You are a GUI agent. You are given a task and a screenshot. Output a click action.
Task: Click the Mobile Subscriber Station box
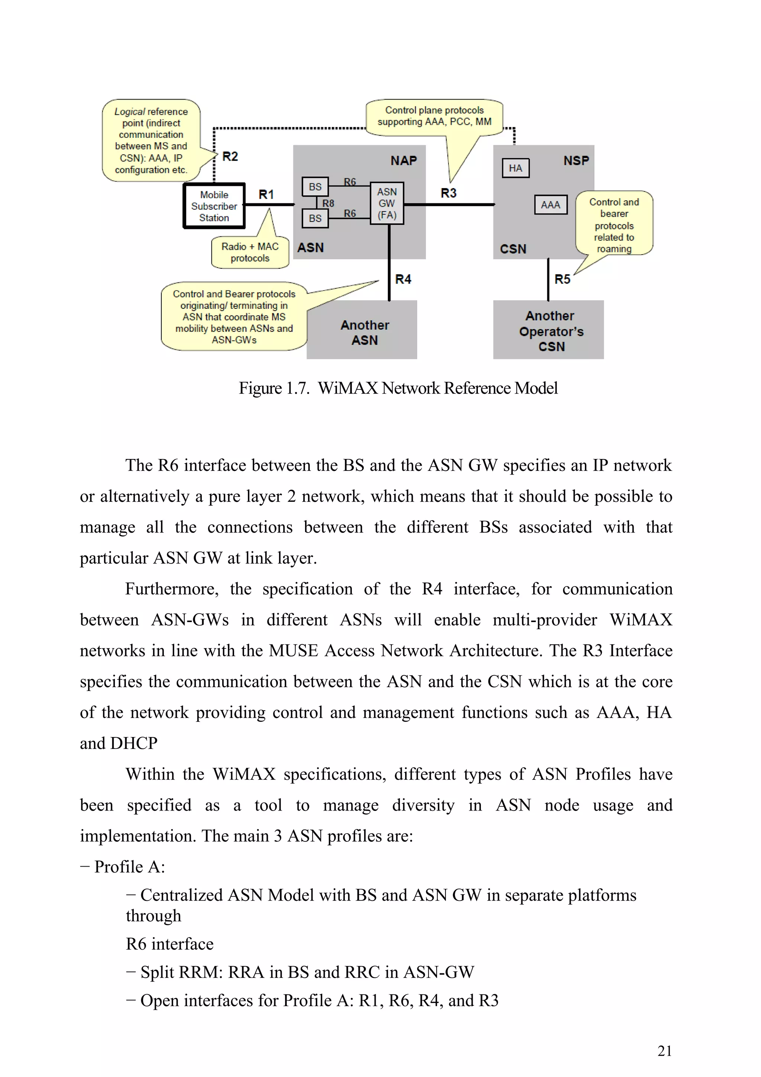click(214, 206)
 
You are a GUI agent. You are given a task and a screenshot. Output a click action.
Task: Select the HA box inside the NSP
click(515, 168)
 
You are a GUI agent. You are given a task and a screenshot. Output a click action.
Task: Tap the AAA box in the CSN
click(550, 204)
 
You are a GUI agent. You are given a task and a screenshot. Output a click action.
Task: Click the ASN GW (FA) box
click(387, 203)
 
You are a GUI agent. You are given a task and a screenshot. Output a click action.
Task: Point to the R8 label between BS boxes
click(328, 203)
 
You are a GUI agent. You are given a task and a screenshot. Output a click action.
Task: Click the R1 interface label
click(266, 194)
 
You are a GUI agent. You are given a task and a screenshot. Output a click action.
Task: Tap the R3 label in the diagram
click(448, 193)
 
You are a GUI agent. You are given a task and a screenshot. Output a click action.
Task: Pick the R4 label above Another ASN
click(403, 279)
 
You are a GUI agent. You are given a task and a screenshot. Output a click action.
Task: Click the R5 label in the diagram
click(562, 279)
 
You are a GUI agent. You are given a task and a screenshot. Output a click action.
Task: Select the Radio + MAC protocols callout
click(250, 252)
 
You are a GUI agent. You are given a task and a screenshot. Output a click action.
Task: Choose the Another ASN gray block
click(364, 332)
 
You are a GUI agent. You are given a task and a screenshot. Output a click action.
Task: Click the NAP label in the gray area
click(403, 161)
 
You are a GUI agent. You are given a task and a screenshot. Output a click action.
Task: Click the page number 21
click(664, 1051)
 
